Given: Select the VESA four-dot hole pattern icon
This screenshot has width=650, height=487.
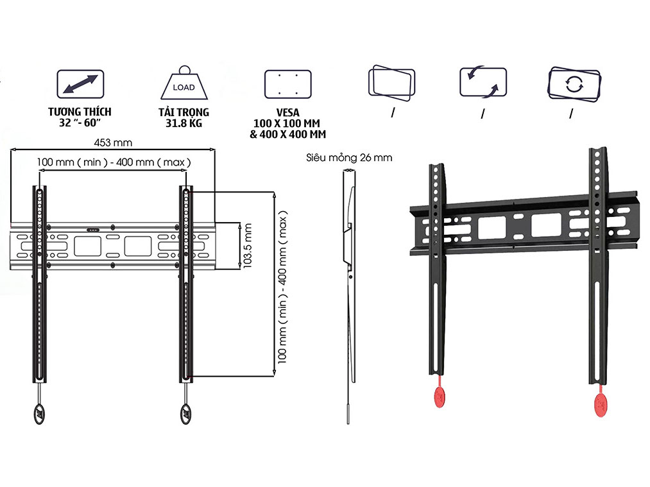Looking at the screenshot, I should click(x=287, y=84).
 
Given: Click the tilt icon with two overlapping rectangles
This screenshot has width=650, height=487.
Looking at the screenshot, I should click(x=391, y=83).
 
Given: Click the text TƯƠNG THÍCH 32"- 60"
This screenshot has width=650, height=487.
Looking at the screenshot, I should click(x=80, y=117).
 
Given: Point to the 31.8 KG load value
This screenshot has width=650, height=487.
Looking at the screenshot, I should click(x=184, y=123).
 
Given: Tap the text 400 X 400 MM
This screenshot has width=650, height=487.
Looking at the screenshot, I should click(x=288, y=135).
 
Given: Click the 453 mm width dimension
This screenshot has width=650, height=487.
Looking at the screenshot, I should click(x=115, y=143).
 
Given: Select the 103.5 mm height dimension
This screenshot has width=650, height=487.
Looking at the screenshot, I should click(x=248, y=245).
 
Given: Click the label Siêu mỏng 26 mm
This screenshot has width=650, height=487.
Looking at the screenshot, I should click(x=349, y=157).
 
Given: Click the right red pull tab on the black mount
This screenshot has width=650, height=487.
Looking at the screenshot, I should click(x=601, y=402).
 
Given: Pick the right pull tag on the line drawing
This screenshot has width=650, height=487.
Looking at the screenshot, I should click(x=186, y=412).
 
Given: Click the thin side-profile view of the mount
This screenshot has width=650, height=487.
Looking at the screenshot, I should click(x=348, y=289).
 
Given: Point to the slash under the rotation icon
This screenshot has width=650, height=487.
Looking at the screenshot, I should click(x=570, y=114).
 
